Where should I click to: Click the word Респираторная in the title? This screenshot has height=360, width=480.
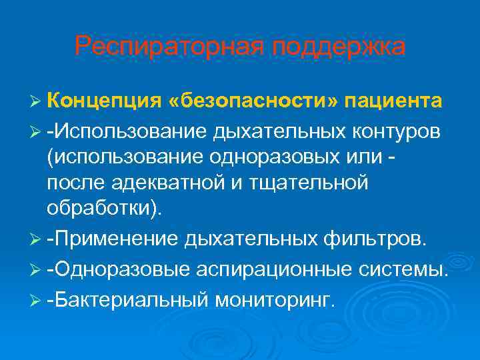(x=159, y=47)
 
